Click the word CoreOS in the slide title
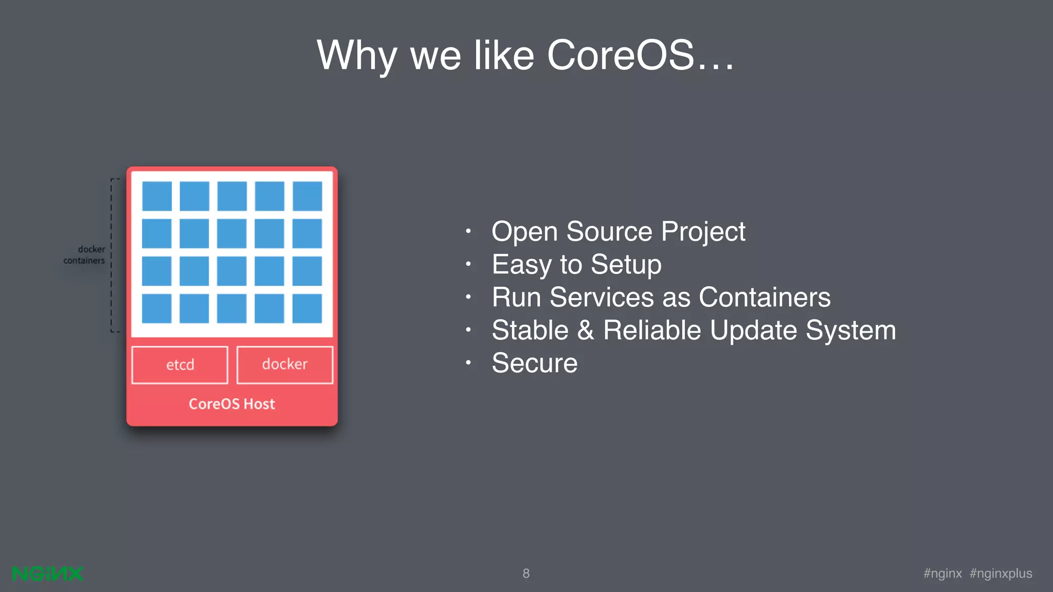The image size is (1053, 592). click(x=621, y=55)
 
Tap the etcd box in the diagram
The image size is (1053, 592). click(x=180, y=365)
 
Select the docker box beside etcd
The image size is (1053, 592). click(x=285, y=365)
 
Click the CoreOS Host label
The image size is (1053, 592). click(x=232, y=404)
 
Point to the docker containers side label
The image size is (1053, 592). click(x=85, y=255)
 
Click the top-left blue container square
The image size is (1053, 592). click(x=157, y=196)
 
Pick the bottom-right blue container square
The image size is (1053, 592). click(x=307, y=308)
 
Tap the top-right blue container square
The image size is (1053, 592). click(x=307, y=196)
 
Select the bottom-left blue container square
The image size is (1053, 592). click(x=157, y=308)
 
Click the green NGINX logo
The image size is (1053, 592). click(x=47, y=573)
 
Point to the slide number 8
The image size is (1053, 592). click(x=526, y=573)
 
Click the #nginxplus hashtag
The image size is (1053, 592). click(x=1001, y=573)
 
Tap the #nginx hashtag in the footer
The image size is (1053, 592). click(x=942, y=573)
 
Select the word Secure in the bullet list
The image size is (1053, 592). click(x=535, y=363)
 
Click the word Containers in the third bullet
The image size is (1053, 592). click(x=765, y=297)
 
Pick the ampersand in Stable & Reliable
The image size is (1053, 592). click(x=586, y=330)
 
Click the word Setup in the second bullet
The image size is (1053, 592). click(x=626, y=264)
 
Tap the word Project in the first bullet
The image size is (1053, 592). click(x=703, y=231)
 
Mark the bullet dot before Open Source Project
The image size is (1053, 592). click(x=468, y=231)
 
